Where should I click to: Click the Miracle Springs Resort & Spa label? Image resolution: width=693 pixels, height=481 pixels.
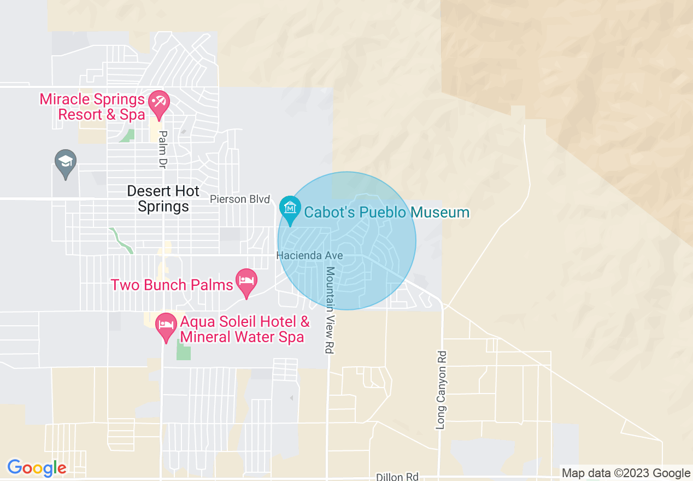[x=92, y=107]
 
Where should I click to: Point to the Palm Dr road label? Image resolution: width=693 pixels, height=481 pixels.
[x=162, y=149]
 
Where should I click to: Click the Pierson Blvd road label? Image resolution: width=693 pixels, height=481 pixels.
[x=240, y=199]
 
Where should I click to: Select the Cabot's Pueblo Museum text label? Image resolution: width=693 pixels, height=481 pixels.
[x=386, y=212]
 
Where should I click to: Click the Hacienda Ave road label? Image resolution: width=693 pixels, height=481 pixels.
[x=310, y=255]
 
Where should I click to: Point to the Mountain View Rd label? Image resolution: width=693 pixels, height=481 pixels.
[x=330, y=310]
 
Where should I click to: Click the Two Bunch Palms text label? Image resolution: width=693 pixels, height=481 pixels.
[x=172, y=285]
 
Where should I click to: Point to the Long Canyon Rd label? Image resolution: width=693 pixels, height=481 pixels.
[x=442, y=390]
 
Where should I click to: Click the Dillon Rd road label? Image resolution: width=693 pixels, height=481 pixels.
[x=397, y=477]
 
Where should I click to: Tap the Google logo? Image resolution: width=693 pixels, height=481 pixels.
[x=37, y=468]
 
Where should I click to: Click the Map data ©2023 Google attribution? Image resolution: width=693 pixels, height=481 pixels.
[x=626, y=473]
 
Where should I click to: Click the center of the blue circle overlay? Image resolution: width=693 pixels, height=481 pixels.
[x=346, y=241]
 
